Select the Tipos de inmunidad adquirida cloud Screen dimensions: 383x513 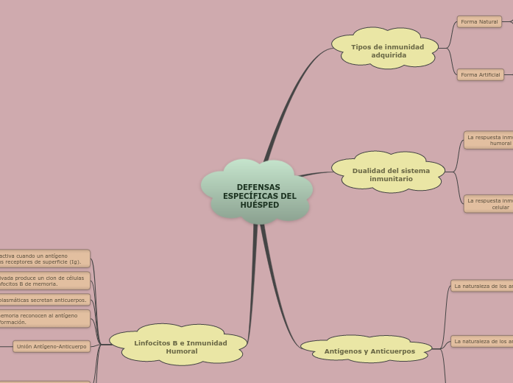point(386,49)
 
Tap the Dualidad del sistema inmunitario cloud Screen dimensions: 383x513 point(390,174)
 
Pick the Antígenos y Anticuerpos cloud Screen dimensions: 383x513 point(368,351)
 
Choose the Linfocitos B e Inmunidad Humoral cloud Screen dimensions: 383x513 point(180,346)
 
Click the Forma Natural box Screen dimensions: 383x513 point(479,22)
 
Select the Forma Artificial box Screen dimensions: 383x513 point(480,74)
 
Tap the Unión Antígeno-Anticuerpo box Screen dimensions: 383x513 point(52,346)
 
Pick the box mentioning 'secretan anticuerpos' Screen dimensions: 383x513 point(44,300)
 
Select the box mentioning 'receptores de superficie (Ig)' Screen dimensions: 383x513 point(44,259)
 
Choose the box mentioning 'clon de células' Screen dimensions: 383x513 point(44,281)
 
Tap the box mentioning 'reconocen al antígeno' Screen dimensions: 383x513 point(44,318)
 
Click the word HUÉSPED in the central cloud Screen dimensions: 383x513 point(259,205)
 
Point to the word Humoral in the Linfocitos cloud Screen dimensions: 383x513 point(181,351)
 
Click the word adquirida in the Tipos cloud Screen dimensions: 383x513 point(389,55)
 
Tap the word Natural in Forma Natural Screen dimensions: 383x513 point(488,22)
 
